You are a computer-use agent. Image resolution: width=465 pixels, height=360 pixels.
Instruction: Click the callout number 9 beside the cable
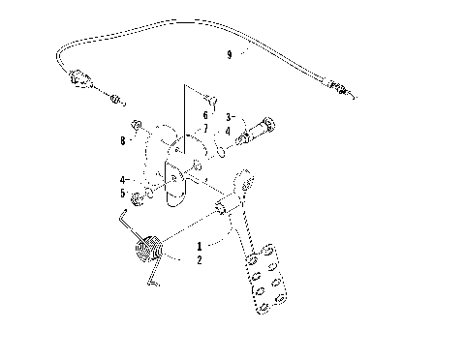pyautogui.click(x=229, y=55)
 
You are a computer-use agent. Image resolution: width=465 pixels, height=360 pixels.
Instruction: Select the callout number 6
pyautogui.click(x=204, y=114)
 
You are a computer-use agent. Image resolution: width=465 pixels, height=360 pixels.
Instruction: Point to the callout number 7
pyautogui.click(x=204, y=128)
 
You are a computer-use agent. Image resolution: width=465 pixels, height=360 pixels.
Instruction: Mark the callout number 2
pyautogui.click(x=200, y=261)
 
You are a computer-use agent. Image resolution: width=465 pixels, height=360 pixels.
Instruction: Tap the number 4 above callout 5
pyautogui.click(x=122, y=180)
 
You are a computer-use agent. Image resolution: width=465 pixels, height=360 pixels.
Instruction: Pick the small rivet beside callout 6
pyautogui.click(x=213, y=97)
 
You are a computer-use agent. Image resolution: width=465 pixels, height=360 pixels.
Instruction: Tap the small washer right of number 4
pyautogui.click(x=223, y=151)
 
